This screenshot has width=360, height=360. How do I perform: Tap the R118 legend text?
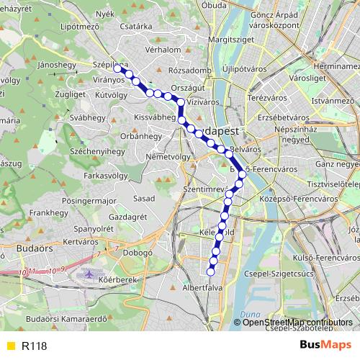(34, 346)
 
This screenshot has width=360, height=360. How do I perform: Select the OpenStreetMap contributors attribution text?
(297, 323)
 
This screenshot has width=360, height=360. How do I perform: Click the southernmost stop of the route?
(211, 271)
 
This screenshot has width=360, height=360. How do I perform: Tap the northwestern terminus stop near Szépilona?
(117, 68)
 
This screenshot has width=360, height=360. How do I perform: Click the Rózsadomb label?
(189, 71)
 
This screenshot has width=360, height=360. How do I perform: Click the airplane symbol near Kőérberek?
(88, 275)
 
